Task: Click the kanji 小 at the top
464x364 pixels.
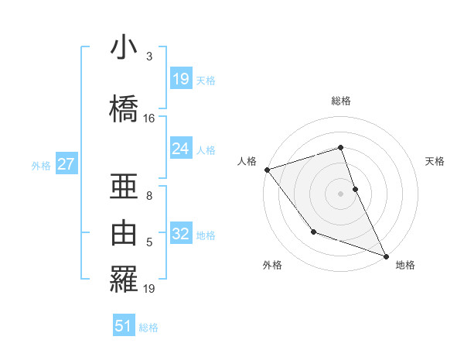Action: pyautogui.click(x=124, y=49)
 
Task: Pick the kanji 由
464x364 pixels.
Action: pyautogui.click(x=124, y=233)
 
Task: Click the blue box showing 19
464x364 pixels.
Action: pyautogui.click(x=181, y=79)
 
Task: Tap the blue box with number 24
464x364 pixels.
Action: pyautogui.click(x=181, y=149)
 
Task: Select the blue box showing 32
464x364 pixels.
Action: pyautogui.click(x=181, y=234)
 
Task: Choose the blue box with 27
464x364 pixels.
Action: pyautogui.click(x=67, y=164)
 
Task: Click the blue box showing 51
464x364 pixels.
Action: pyautogui.click(x=124, y=326)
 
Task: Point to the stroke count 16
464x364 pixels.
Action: pyautogui.click(x=149, y=118)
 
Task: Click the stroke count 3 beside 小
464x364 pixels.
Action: pyautogui.click(x=149, y=57)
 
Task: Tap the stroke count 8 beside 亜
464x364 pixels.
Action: pyautogui.click(x=149, y=196)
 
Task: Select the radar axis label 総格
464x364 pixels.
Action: pyautogui.click(x=341, y=101)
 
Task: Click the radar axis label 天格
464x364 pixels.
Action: pyautogui.click(x=435, y=161)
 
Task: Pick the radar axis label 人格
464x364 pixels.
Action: pyautogui.click(x=247, y=161)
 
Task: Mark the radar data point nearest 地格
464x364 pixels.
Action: pyautogui.click(x=386, y=256)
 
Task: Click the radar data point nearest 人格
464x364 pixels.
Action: pyautogui.click(x=267, y=170)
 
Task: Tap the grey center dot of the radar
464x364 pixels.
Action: pyautogui.click(x=341, y=193)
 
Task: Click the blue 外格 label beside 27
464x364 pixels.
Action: pyautogui.click(x=41, y=165)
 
